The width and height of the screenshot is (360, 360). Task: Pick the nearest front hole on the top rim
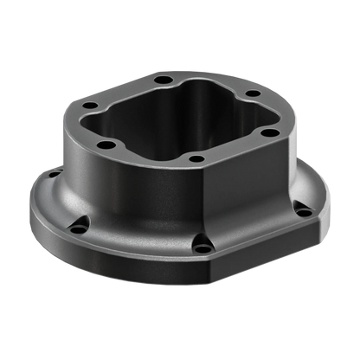196,159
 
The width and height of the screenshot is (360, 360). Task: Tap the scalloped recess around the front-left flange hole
78,222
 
